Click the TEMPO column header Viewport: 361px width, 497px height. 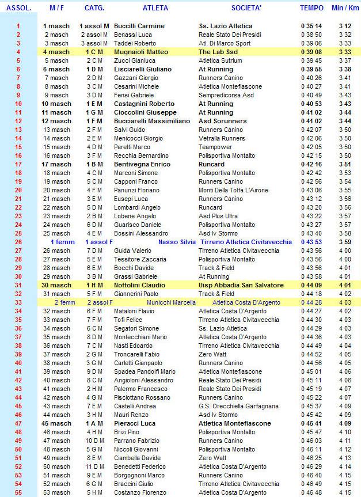(x=311, y=8)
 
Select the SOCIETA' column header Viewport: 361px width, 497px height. (x=246, y=8)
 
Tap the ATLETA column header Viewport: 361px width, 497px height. (x=155, y=8)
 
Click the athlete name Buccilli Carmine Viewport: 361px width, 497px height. (x=139, y=26)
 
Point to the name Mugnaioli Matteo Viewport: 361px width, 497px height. (x=140, y=52)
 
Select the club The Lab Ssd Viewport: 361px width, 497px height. (x=217, y=52)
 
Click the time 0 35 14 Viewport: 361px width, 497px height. (x=311, y=26)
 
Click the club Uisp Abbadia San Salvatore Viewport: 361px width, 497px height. (x=241, y=285)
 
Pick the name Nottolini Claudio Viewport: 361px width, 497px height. (x=139, y=285)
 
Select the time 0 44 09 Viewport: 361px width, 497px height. (x=311, y=285)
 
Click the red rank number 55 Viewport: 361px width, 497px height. (x=18, y=492)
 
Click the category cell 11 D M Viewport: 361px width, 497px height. (x=94, y=466)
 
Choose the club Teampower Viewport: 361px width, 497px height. (x=216, y=147)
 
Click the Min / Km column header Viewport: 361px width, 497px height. (x=345, y=8)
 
